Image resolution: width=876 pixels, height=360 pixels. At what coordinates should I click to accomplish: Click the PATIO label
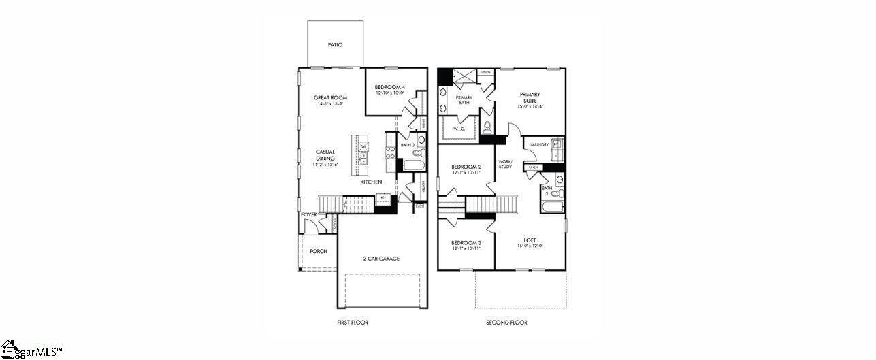[x=335, y=45]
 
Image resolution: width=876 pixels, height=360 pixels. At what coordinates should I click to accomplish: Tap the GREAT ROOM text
[x=331, y=98]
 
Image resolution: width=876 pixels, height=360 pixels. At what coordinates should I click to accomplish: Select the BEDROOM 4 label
[x=390, y=87]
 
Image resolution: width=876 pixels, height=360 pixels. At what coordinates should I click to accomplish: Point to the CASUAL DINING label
[x=325, y=155]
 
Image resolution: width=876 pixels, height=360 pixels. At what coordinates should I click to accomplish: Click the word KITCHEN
[x=371, y=182]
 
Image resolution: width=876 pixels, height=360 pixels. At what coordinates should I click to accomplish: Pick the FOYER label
[x=309, y=215]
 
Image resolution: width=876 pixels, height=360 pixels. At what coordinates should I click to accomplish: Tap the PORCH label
[x=318, y=251]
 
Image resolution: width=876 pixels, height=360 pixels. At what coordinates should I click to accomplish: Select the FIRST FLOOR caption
[x=353, y=323]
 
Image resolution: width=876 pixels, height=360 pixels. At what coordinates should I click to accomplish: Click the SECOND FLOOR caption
[x=506, y=323]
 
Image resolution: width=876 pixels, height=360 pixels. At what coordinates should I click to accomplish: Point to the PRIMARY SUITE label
[x=530, y=97]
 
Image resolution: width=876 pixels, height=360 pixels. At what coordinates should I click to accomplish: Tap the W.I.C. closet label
[x=460, y=129]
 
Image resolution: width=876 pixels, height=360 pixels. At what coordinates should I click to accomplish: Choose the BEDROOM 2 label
[x=466, y=167]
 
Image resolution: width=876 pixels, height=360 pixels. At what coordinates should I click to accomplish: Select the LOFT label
[x=530, y=240]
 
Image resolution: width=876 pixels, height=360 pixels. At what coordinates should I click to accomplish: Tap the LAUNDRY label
[x=539, y=144]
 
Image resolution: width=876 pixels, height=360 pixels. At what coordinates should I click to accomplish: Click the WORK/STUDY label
[x=505, y=164]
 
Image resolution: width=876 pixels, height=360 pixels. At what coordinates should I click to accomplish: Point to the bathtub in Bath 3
[x=412, y=165]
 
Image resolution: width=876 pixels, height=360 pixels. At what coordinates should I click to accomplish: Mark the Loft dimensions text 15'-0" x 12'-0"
[x=530, y=246]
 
